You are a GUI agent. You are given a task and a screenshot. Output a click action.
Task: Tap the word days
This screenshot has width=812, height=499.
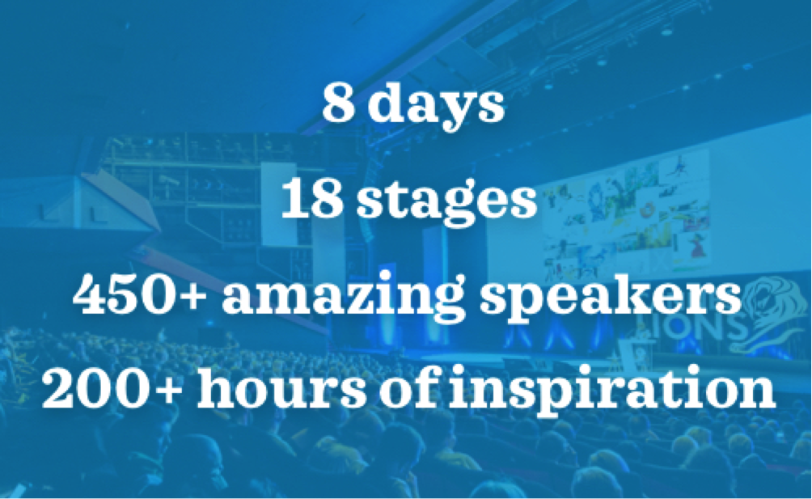tap(435, 106)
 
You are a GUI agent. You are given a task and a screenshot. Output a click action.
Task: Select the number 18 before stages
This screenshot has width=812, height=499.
tap(312, 199)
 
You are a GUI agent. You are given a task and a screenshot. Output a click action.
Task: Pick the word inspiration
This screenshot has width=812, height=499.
tap(611, 389)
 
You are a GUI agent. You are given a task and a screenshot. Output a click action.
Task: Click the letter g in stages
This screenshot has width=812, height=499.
tap(461, 208)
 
